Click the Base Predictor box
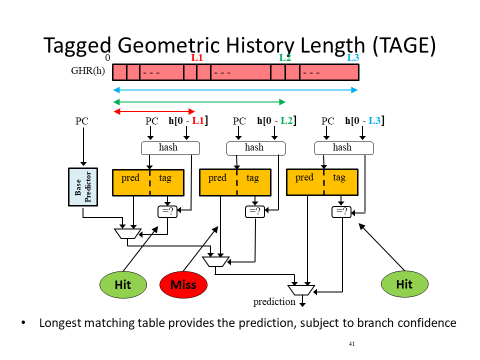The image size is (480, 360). coord(83,186)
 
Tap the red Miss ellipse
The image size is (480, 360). coord(183,284)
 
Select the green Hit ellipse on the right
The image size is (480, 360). coord(404,284)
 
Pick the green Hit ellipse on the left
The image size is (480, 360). coord(123,284)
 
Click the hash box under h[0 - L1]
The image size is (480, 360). coord(170,148)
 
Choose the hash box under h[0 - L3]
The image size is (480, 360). coord(344,148)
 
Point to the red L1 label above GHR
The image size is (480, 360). coord(197,57)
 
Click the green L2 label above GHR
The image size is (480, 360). coord(285,57)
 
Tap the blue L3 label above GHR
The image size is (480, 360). coord(353,57)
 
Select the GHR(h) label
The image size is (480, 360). coord(88,70)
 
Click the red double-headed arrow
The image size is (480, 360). coord(154,111)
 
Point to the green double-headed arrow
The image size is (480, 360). coord(199,102)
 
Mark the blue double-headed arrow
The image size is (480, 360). coord(235,90)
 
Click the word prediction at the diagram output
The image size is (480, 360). coord(274,302)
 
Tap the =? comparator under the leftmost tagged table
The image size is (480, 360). coord(167,211)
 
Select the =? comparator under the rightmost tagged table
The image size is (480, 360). coord(341,211)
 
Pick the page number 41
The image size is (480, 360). coord(351,344)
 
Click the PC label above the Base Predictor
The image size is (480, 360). coord(81,121)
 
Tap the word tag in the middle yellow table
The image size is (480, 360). coord(252,177)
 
